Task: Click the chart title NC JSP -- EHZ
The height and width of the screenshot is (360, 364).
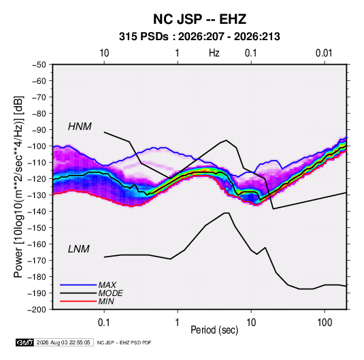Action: [199, 19]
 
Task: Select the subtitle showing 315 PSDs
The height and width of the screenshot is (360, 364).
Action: [199, 37]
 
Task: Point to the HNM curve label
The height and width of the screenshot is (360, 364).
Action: [80, 127]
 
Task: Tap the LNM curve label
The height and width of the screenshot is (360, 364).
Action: [79, 249]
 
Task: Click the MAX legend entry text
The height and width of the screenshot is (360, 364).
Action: [107, 285]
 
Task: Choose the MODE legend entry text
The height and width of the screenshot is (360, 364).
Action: [110, 293]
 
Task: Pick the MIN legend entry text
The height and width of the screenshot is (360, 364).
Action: [106, 301]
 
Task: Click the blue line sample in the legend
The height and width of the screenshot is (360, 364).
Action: [78, 285]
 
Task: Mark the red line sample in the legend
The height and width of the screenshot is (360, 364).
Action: [78, 301]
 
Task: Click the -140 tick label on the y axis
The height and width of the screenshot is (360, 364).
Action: [37, 212]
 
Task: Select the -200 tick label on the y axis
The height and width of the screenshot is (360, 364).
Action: [37, 310]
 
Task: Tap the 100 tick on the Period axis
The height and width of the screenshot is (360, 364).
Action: [325, 323]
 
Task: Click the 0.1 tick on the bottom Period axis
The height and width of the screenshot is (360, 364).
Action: [104, 323]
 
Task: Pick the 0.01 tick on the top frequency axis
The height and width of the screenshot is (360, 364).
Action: [324, 53]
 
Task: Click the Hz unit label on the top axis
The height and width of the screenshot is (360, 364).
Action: [214, 53]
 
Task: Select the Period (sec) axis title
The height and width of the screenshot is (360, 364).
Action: [214, 330]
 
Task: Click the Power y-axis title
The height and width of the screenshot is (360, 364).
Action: [18, 186]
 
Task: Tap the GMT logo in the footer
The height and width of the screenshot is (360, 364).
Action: [25, 342]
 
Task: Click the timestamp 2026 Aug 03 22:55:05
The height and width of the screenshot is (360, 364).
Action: [63, 342]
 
